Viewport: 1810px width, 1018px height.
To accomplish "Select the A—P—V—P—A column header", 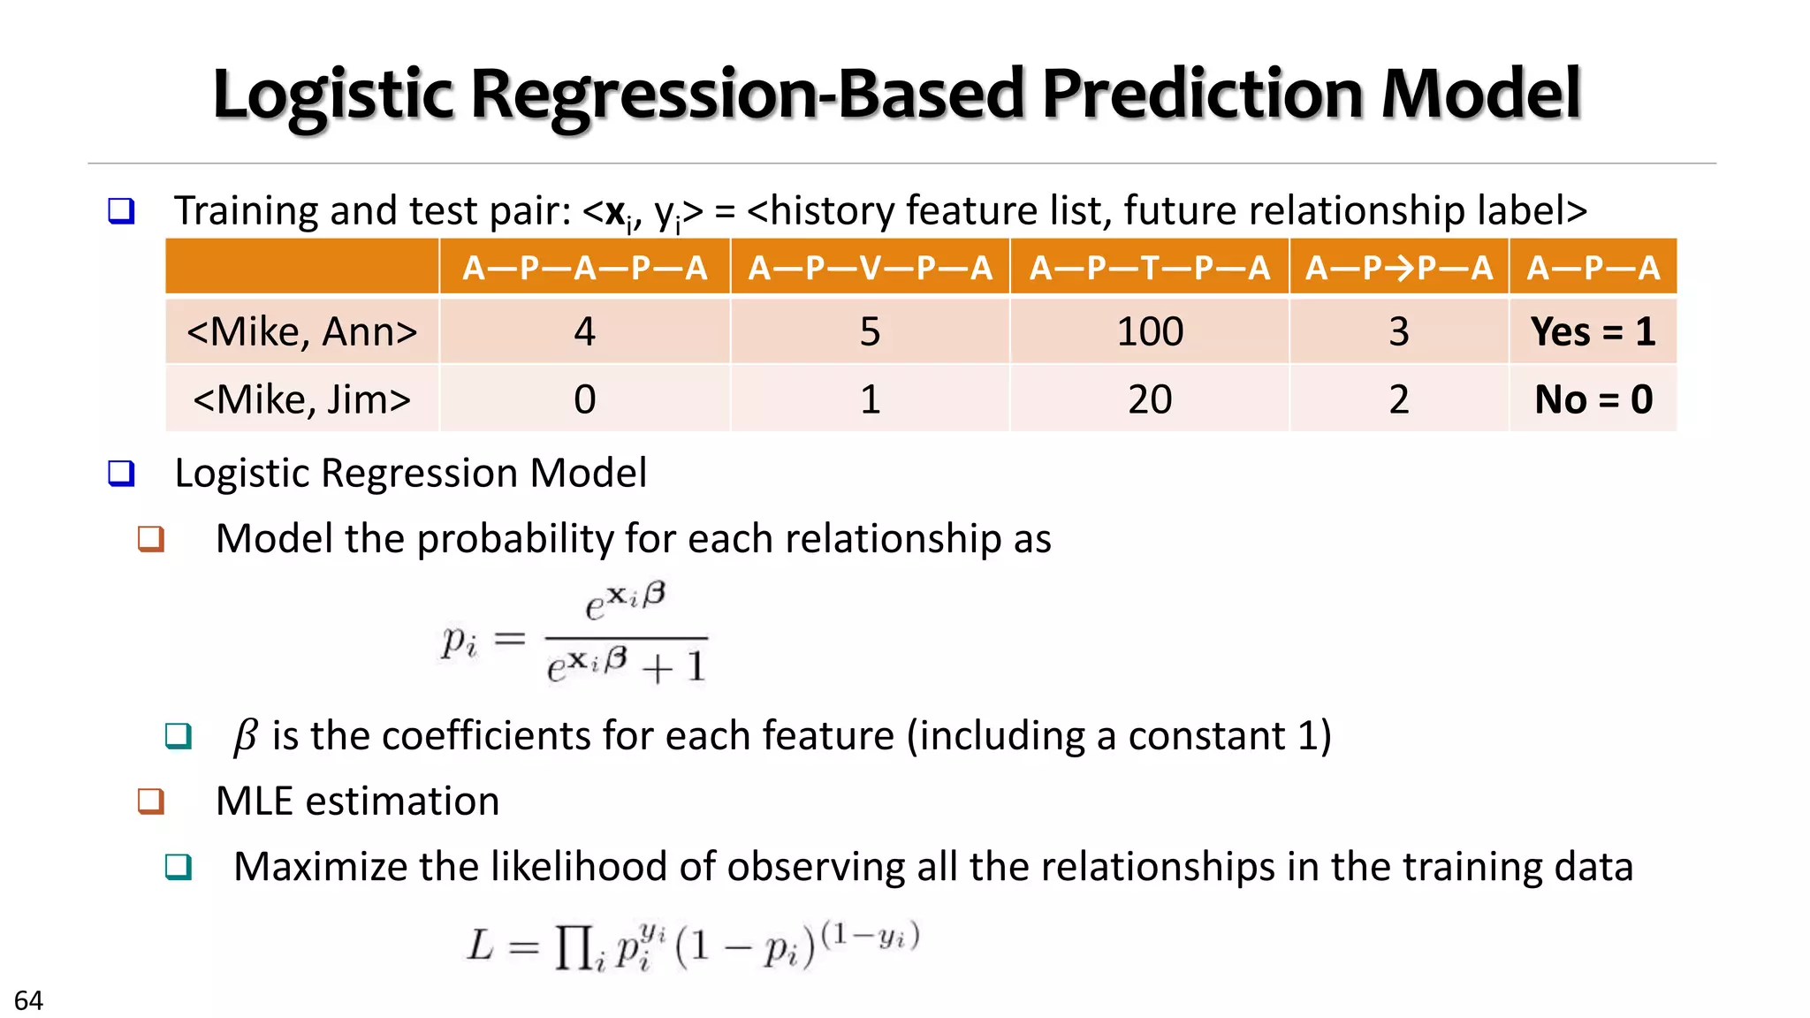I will (870, 267).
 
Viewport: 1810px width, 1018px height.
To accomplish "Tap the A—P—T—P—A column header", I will (1149, 267).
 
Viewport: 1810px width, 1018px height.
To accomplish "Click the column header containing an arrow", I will (1398, 267).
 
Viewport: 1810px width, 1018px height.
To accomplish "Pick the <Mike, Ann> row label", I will (301, 332).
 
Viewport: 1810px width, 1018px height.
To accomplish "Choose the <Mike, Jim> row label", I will (301, 399).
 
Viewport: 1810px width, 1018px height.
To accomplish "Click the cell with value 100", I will (1149, 332).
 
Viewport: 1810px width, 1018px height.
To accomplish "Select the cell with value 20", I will (1149, 399).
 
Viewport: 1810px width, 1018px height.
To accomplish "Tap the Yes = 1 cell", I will (1593, 332).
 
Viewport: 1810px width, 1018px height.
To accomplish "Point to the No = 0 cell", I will (1593, 399).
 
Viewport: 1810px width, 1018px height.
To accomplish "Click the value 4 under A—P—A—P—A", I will (584, 332).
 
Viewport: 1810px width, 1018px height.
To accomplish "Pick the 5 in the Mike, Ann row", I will (870, 332).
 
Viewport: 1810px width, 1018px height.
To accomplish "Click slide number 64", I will (28, 1000).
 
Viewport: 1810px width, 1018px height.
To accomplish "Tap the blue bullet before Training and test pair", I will (121, 211).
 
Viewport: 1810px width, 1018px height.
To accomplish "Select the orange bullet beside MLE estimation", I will (151, 801).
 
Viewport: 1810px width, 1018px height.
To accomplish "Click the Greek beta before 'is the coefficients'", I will (245, 736).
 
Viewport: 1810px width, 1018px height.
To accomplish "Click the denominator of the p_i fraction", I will (626, 665).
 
